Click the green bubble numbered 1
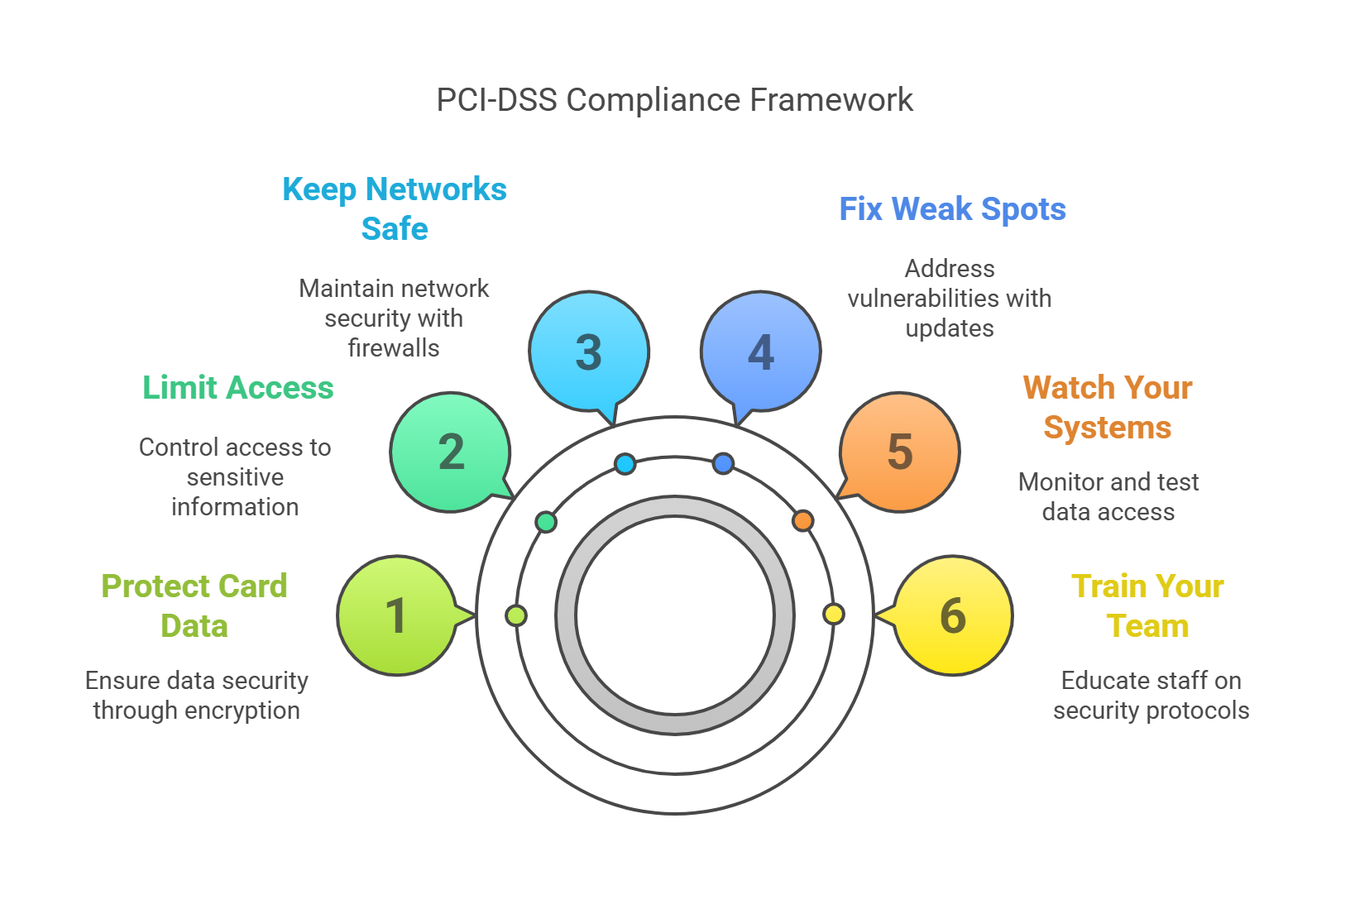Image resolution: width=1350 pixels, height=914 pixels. (x=397, y=615)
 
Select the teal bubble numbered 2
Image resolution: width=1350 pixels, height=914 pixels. (x=451, y=452)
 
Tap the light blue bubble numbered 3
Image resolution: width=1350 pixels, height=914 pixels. (x=589, y=352)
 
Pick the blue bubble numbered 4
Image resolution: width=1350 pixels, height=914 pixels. (x=761, y=352)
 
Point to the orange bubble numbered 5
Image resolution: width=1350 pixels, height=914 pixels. (x=900, y=452)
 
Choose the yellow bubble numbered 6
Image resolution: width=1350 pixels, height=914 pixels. (x=953, y=615)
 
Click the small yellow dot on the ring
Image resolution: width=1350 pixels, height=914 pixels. (x=834, y=614)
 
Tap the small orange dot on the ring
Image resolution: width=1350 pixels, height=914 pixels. (x=802, y=521)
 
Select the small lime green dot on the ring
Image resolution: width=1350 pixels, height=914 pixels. (x=516, y=615)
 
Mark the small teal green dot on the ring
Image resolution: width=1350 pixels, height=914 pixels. (x=546, y=522)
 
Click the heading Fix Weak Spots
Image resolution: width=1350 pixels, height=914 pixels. (x=952, y=209)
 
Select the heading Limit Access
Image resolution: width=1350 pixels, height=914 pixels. (x=238, y=388)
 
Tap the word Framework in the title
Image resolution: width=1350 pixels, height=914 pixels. (x=831, y=100)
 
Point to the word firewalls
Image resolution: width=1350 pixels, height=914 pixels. (x=394, y=348)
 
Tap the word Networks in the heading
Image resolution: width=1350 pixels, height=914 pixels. (x=436, y=189)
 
